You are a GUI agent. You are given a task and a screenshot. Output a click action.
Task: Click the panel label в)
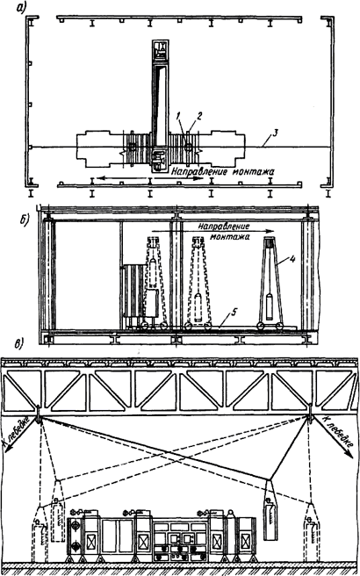pos(18,346)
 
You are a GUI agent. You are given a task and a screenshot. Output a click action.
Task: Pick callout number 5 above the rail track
pos(234,313)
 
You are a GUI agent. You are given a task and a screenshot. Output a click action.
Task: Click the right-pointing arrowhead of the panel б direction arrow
pos(270,232)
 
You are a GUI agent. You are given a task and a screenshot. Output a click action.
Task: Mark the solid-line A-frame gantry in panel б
pos(270,282)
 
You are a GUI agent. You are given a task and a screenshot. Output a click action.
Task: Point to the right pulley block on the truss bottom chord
pos(311,413)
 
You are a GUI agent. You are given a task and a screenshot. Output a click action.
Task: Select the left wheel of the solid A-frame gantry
pos(261,326)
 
